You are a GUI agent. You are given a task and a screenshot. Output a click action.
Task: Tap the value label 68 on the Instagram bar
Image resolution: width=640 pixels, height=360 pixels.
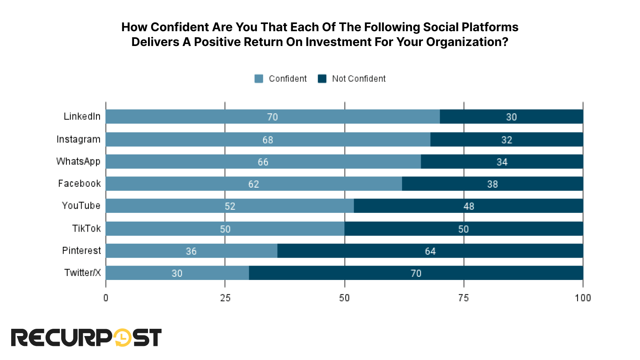coord(268,140)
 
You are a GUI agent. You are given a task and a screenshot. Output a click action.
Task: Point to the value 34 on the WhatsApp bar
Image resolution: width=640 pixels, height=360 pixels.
coord(502,162)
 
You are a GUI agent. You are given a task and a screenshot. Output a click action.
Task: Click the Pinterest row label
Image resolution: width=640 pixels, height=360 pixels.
coord(82,251)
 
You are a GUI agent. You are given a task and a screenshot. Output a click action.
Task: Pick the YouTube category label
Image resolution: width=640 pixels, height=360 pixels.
coord(81,206)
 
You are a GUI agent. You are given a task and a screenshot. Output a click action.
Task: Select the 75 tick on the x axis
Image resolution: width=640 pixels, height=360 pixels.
coord(464,298)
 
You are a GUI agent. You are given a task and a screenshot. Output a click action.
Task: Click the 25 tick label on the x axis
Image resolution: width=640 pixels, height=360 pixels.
coord(225,298)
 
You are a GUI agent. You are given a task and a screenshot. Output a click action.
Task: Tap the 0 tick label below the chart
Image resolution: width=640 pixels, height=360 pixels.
coord(106,298)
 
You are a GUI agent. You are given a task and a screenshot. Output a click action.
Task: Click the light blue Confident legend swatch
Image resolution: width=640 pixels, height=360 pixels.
coord(259,79)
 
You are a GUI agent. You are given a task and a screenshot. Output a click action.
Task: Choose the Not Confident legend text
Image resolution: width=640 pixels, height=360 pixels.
coord(359,79)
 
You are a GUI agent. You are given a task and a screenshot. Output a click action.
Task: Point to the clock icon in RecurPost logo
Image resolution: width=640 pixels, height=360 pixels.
coord(123,338)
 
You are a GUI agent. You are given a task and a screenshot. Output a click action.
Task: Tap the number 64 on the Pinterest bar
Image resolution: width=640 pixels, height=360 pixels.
coord(430,251)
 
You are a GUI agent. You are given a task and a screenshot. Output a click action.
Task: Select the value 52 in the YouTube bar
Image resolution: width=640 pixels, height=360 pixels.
coord(230,206)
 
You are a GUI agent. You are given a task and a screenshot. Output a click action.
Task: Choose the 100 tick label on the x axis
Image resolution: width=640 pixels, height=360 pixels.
coord(583,298)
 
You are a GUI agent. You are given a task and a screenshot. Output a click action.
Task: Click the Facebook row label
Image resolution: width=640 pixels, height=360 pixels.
coord(79,184)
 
